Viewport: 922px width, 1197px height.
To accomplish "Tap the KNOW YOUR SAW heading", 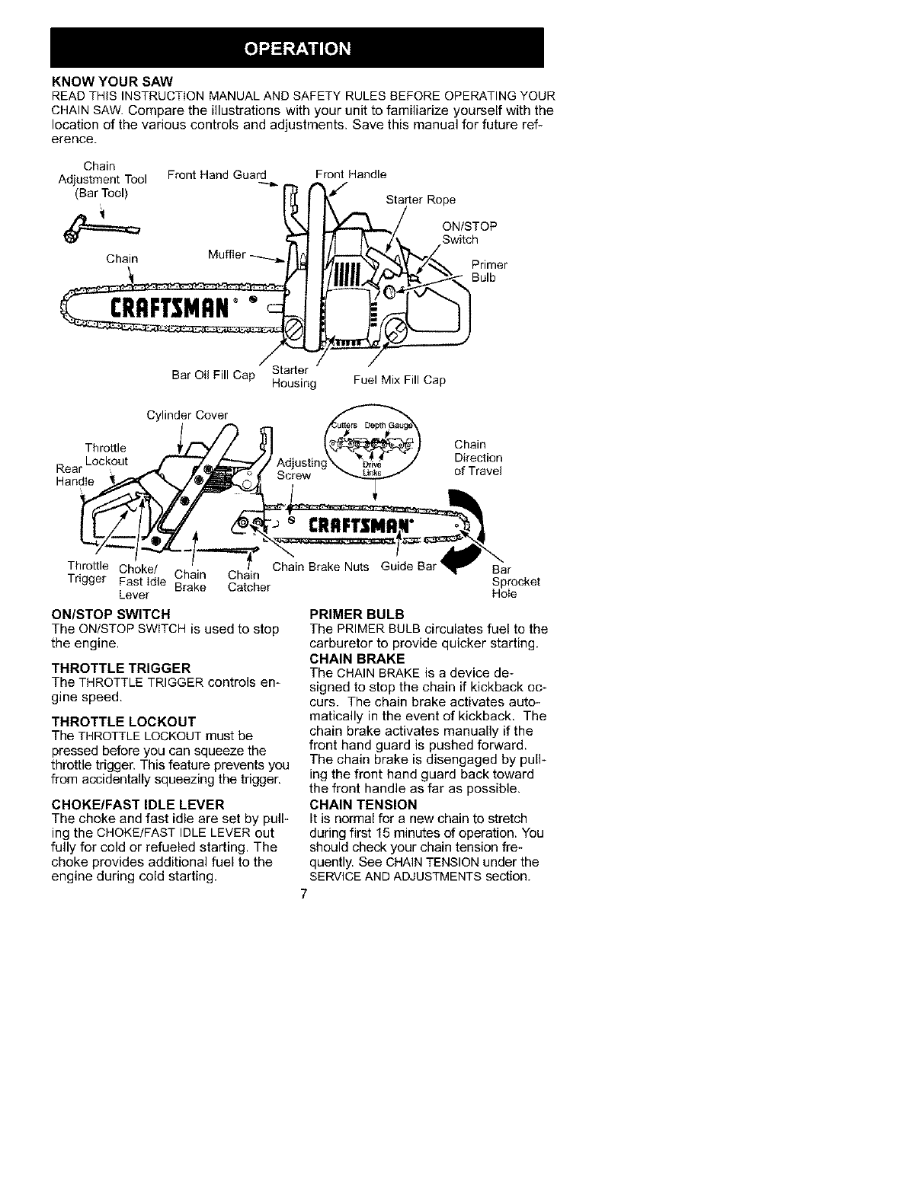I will [113, 81].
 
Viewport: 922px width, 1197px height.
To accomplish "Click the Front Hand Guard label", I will [217, 175].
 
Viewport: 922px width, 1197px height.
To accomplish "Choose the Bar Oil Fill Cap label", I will [213, 375].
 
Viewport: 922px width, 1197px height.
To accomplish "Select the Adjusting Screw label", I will [302, 469].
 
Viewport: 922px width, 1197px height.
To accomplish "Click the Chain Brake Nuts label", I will [320, 567].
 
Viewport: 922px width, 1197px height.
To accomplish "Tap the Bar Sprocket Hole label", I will [516, 581].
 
